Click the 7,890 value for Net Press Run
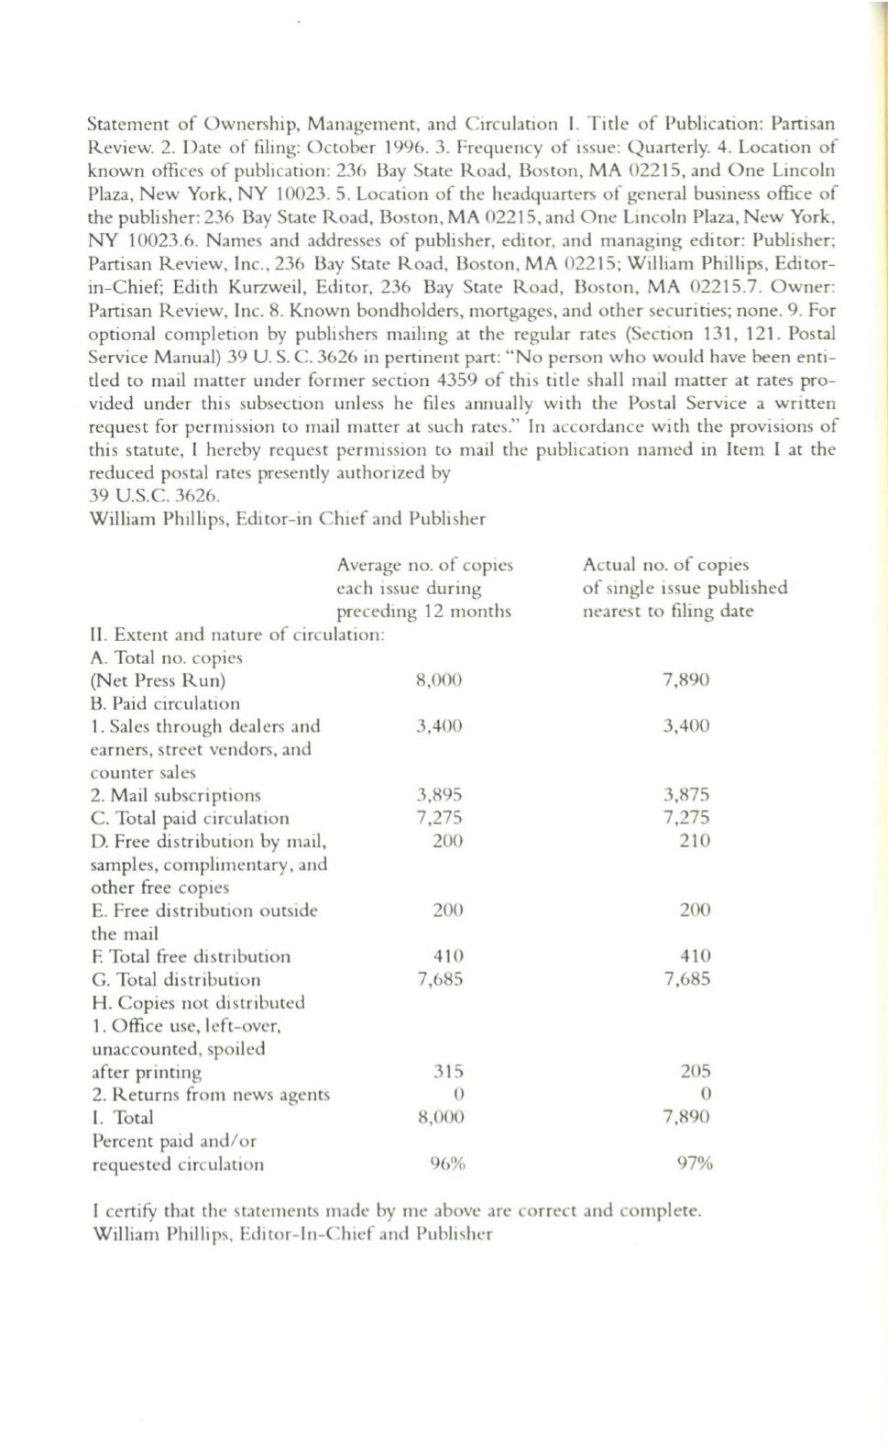point(685,680)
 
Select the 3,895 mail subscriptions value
point(439,795)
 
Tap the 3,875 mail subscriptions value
point(686,795)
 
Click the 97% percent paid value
point(695,1165)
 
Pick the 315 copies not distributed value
point(448,1071)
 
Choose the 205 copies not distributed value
point(696,1071)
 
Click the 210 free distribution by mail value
point(695,841)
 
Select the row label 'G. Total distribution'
point(176,979)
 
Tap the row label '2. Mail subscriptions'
point(176,795)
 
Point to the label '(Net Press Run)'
point(158,680)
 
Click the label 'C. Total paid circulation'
point(190,818)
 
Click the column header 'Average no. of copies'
point(425,565)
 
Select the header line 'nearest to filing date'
point(668,611)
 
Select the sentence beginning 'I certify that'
point(397,1210)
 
